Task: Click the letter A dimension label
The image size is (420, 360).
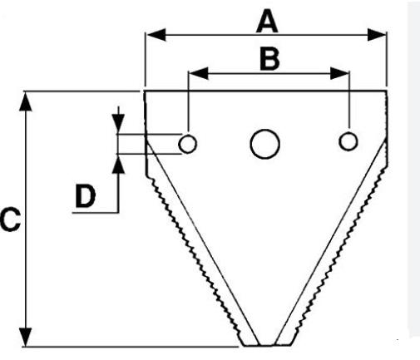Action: [267, 21]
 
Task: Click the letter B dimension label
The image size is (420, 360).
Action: [269, 59]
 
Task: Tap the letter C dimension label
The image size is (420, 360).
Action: [10, 219]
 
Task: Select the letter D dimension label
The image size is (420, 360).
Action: [86, 196]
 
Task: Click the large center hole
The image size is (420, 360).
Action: [264, 144]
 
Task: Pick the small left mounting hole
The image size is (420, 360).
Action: [188, 144]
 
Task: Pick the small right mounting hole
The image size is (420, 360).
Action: [348, 141]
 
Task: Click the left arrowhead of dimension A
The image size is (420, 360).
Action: [156, 35]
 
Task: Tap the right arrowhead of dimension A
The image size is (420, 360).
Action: [377, 34]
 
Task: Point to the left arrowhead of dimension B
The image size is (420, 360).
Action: [199, 73]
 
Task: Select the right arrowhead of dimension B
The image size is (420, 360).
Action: [339, 73]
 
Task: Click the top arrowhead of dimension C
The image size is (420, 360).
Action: [26, 101]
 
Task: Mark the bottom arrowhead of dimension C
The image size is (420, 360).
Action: [26, 337]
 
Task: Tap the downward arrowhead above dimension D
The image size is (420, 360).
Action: [118, 124]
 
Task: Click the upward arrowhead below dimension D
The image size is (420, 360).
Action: [119, 165]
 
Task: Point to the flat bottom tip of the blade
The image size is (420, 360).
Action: [267, 345]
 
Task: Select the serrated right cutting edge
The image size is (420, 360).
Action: [339, 255]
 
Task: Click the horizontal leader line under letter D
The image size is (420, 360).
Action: [96, 213]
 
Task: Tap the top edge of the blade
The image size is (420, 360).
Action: [265, 91]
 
